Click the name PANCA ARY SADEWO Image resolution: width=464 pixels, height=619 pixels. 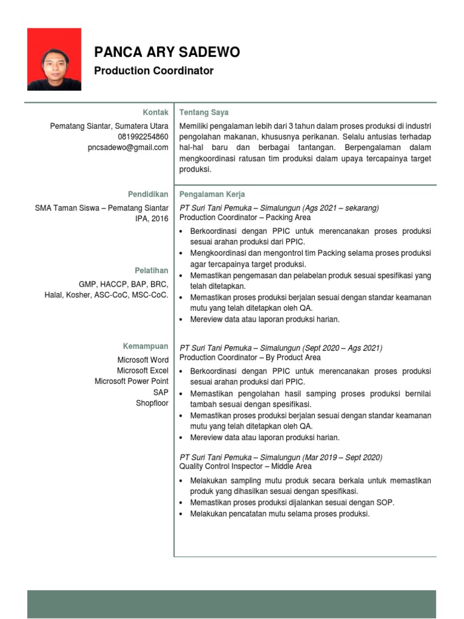(x=167, y=53)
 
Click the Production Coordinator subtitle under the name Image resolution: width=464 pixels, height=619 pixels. (x=153, y=71)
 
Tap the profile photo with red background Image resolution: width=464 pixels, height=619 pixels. (x=54, y=59)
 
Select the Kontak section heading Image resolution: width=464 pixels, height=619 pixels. (x=155, y=112)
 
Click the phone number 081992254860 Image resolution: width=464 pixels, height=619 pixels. (x=143, y=137)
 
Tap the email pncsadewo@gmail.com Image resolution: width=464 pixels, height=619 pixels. (x=128, y=147)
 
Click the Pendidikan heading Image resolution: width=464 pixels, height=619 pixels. (x=148, y=194)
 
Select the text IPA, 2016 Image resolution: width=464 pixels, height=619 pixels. (x=152, y=219)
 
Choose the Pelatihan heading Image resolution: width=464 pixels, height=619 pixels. (x=152, y=270)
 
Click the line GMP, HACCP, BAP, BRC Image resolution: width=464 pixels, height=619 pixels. (x=123, y=284)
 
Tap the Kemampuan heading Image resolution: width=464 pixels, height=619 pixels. (x=146, y=346)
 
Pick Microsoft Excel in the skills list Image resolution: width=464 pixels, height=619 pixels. (x=143, y=371)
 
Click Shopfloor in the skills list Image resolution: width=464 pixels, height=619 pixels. (x=152, y=403)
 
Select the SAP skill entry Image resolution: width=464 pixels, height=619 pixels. (x=161, y=392)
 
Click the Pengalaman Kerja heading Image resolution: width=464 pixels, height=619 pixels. (x=212, y=194)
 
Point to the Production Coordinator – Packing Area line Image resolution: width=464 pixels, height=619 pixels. (x=245, y=218)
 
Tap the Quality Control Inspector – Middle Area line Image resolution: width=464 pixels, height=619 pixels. (x=245, y=466)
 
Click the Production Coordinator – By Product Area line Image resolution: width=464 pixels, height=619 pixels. (x=250, y=358)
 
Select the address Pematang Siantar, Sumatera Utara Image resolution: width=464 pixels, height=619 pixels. (x=109, y=126)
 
